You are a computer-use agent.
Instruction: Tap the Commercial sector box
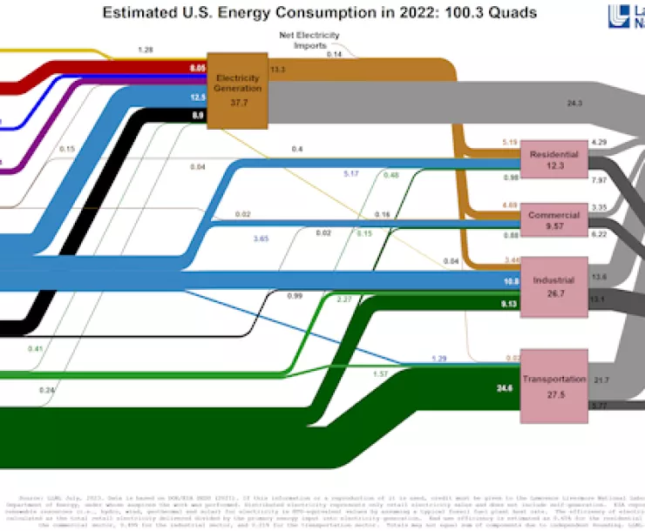click(x=554, y=220)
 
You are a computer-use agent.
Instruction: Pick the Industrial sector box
click(x=553, y=286)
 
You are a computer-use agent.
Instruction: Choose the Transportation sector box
click(x=553, y=386)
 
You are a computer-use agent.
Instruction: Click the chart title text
click(x=320, y=13)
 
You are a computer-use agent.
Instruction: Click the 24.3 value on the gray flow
click(x=574, y=103)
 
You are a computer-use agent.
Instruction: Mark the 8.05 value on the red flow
click(x=196, y=67)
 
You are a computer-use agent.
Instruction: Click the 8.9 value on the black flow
click(x=197, y=115)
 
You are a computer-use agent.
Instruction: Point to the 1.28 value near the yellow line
click(x=146, y=50)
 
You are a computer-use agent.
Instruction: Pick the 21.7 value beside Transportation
click(x=601, y=380)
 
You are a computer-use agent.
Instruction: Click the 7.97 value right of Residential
click(x=599, y=179)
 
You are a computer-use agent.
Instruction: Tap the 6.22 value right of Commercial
click(x=599, y=234)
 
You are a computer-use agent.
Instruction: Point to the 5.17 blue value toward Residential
click(x=351, y=174)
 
